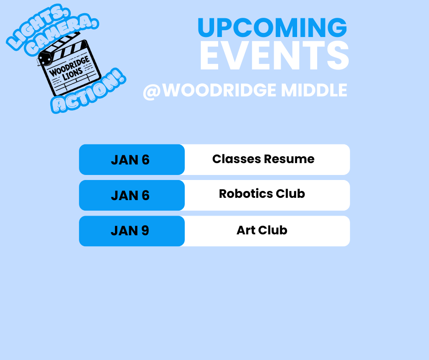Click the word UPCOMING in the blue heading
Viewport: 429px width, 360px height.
[x=272, y=28]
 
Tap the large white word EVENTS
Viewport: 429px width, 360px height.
[x=274, y=56]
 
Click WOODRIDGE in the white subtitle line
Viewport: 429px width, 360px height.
[x=219, y=90]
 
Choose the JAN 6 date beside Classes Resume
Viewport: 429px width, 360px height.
[x=130, y=160]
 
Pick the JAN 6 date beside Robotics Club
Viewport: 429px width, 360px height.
[x=130, y=196]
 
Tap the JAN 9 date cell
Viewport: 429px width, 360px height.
[x=130, y=231]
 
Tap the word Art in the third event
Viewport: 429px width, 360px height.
[x=246, y=230]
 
